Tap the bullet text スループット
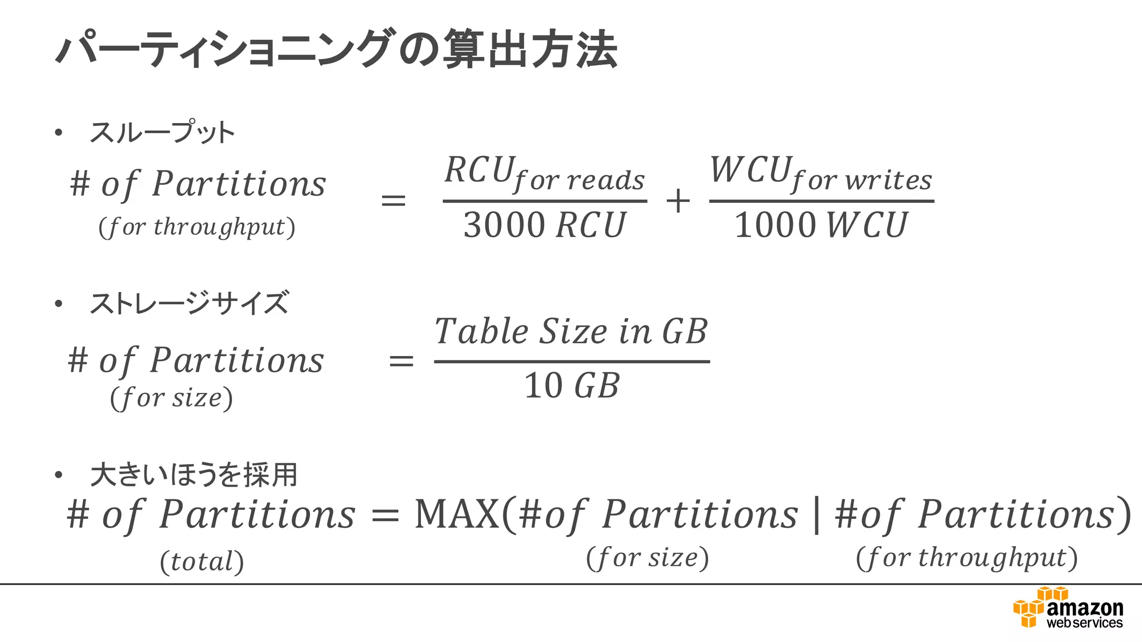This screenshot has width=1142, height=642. tap(162, 133)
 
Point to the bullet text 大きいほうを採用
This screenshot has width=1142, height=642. tap(193, 475)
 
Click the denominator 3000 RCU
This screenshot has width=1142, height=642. tap(545, 225)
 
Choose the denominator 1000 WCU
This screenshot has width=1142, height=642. tap(821, 225)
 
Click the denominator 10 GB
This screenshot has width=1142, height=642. tap(572, 385)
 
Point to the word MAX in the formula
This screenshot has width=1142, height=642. tap(457, 514)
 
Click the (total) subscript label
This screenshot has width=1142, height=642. tap(202, 561)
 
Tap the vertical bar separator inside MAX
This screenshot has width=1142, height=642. tap(817, 515)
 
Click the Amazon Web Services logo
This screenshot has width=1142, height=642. tap(1068, 609)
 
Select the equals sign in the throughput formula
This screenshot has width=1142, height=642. tap(393, 201)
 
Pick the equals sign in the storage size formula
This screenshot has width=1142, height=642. tap(401, 361)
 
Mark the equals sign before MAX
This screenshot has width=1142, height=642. tap(385, 515)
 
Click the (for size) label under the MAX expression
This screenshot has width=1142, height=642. tap(647, 557)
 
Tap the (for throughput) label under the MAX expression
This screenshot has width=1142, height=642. tap(966, 557)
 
